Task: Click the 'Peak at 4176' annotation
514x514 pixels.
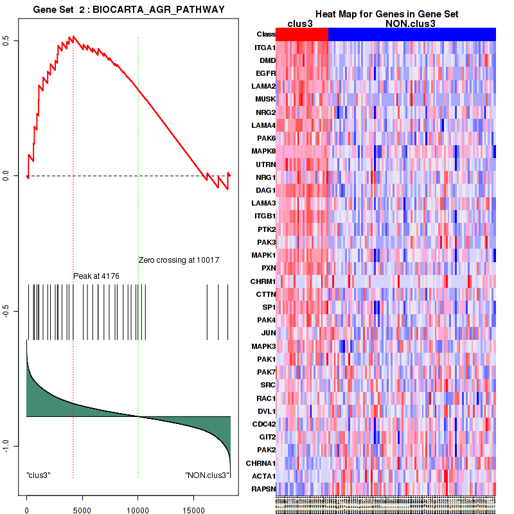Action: tap(96, 276)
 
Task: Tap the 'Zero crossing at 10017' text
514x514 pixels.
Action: tap(179, 260)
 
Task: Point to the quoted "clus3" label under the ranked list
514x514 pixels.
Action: tap(39, 475)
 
